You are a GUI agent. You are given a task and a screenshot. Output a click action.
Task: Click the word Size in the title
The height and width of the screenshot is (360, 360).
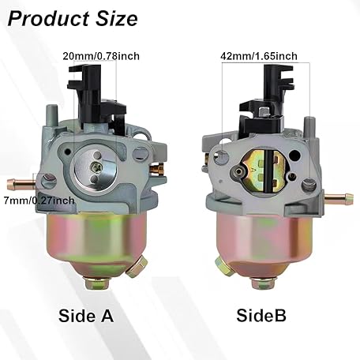117,19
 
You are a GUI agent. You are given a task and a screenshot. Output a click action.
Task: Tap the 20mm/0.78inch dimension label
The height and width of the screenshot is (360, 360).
101,56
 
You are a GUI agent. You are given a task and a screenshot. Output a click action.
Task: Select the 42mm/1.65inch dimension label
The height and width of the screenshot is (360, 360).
259,56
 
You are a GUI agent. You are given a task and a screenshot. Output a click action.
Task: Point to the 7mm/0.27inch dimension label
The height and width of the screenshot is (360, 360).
39,201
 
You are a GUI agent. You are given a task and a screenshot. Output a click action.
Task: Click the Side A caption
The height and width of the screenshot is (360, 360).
86,316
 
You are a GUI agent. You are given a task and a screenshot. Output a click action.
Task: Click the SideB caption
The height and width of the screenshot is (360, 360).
261,315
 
